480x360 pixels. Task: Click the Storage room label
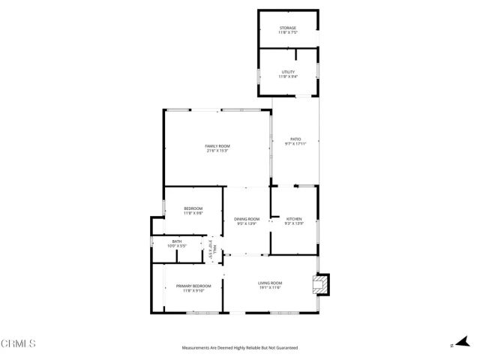tap(287, 28)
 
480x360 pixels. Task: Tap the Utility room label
tap(287, 71)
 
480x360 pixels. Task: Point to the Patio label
tap(295, 139)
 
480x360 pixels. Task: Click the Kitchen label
tap(293, 218)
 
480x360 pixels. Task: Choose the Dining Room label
tap(247, 218)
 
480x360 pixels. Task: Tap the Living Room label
tap(271, 282)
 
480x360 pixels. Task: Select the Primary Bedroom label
tap(193, 286)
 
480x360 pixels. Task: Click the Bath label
tap(177, 241)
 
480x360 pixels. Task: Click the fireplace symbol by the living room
tap(320, 283)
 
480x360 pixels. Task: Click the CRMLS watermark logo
tap(19, 343)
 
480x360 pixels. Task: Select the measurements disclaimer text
tap(240, 348)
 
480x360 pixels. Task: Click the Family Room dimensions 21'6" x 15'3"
tap(217, 151)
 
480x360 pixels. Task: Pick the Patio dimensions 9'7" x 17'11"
tap(295, 144)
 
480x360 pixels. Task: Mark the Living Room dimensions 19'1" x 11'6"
tap(271, 287)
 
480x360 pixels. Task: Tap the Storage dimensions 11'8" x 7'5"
tap(287, 33)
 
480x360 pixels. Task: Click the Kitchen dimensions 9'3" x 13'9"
tap(293, 223)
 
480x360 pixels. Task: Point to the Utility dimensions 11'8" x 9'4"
tap(287, 76)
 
